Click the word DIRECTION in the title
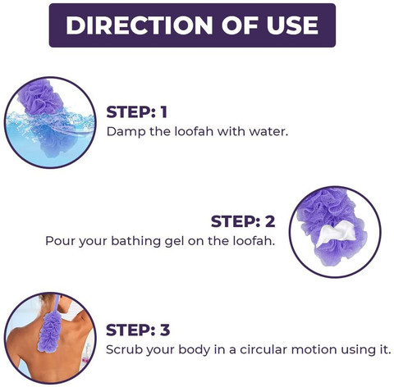coord(140,25)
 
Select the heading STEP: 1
coord(136,112)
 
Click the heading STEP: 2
coord(243,221)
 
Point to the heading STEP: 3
coord(138,330)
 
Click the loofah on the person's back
coord(50,331)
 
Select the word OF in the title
coord(240,25)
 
